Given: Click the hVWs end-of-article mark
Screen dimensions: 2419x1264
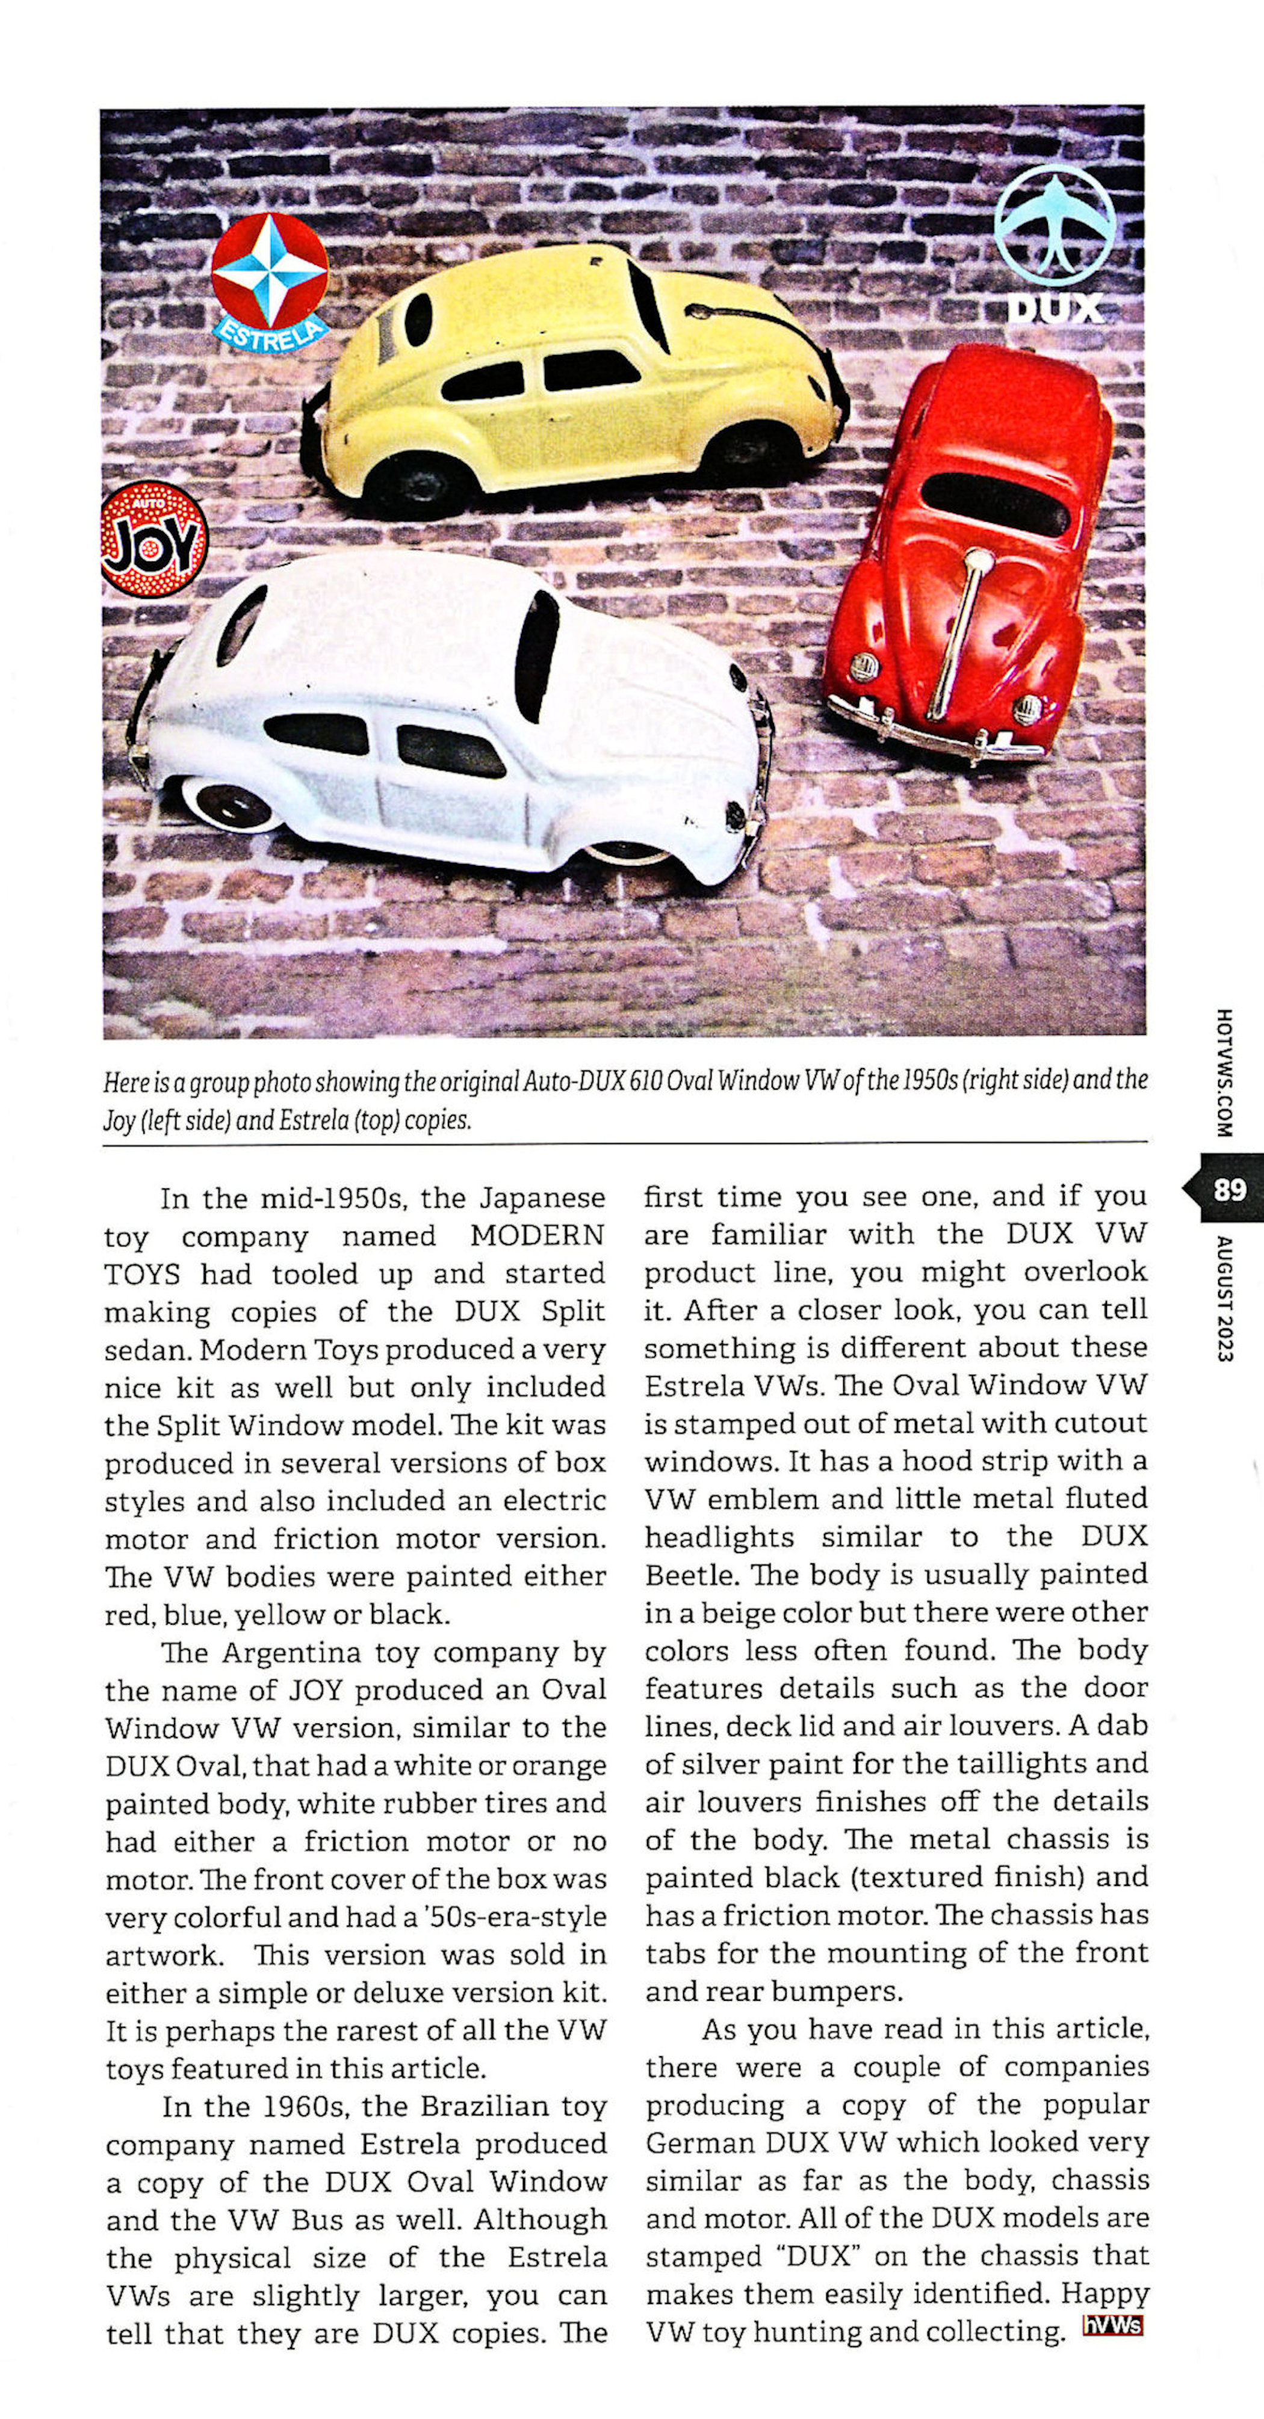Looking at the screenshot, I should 1113,2325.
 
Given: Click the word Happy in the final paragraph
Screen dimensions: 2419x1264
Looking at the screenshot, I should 1104,2294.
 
